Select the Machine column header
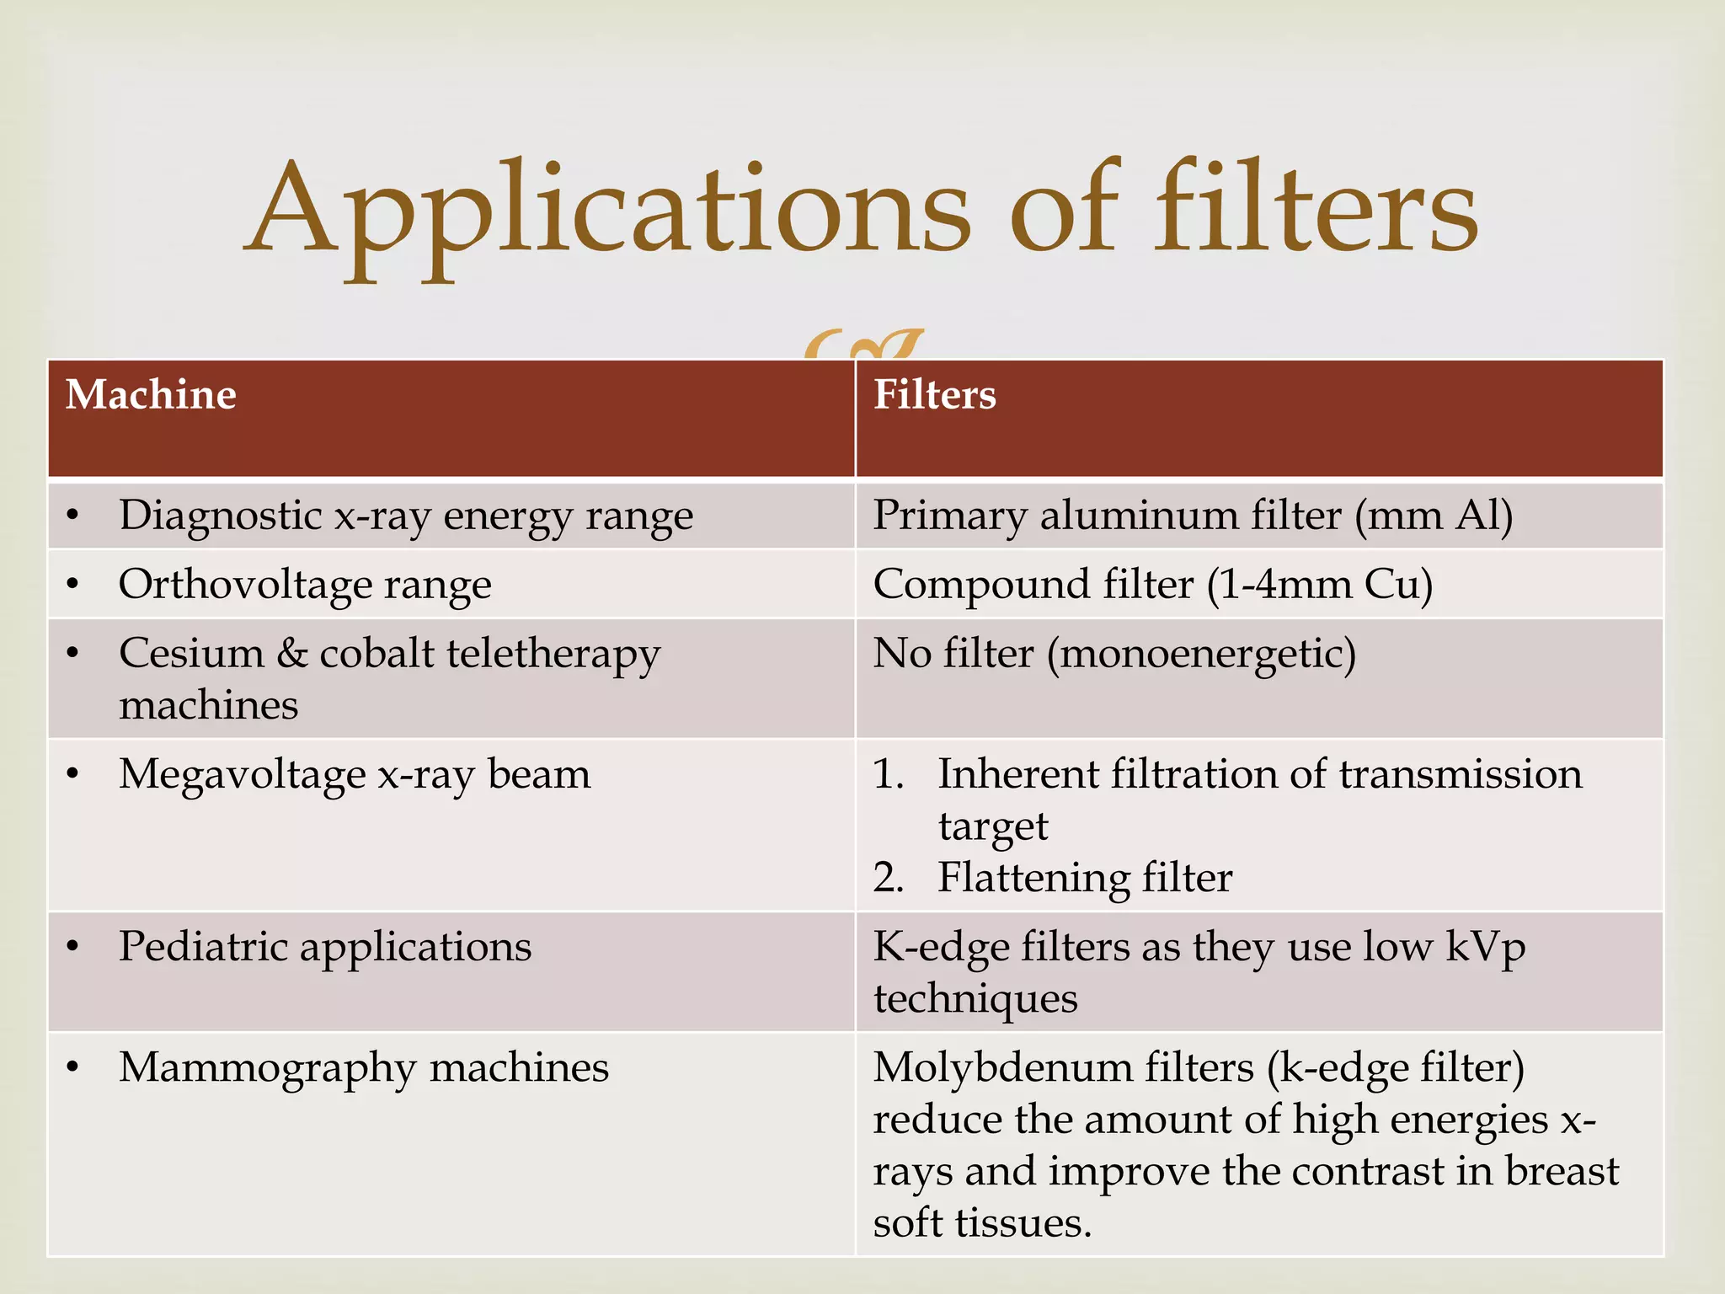pos(151,395)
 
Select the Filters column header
pos(934,395)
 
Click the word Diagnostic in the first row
pos(220,516)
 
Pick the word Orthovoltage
pos(245,585)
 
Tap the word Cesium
pos(191,654)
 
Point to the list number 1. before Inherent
pos(888,774)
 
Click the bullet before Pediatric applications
pos(73,947)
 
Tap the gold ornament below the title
pos(863,344)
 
